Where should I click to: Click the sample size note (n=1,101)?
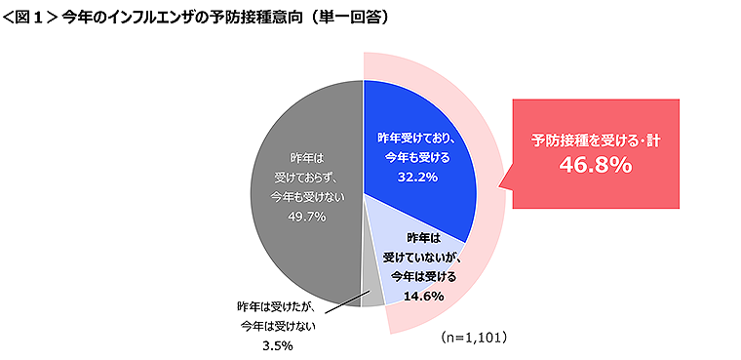point(473,337)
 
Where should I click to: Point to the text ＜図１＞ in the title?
point(29,18)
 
